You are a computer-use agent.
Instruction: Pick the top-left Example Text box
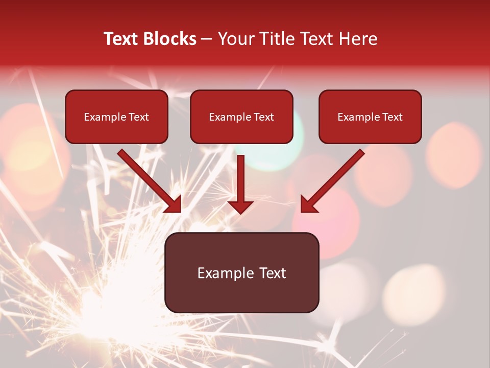pyautogui.click(x=116, y=117)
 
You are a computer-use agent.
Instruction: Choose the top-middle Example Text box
pyautogui.click(x=241, y=117)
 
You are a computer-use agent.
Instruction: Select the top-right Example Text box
pyautogui.click(x=370, y=117)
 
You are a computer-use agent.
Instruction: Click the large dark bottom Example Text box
pyautogui.click(x=241, y=272)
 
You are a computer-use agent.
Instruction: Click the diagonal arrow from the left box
pyautogui.click(x=148, y=179)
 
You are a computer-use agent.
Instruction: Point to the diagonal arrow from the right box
pyautogui.click(x=334, y=179)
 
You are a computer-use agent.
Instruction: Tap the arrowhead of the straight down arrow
pyautogui.click(x=240, y=206)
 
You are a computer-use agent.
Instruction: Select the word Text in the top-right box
pyautogui.click(x=392, y=117)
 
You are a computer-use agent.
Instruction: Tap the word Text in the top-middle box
pyautogui.click(x=263, y=117)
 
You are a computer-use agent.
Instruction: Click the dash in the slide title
pyautogui.click(x=207, y=39)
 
